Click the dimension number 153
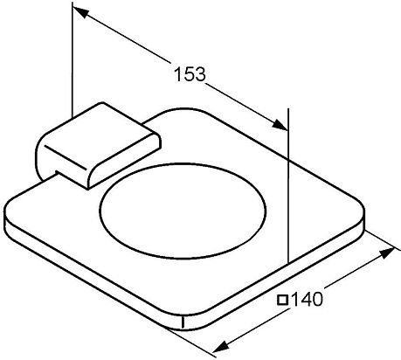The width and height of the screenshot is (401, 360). click(x=190, y=73)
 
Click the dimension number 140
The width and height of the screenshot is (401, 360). click(x=307, y=299)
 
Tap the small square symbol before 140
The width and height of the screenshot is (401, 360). click(x=282, y=300)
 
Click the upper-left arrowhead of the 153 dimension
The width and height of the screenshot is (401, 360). click(x=80, y=11)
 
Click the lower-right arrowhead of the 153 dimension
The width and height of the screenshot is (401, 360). click(x=280, y=125)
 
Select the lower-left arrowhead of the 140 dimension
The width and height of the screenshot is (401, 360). click(x=221, y=347)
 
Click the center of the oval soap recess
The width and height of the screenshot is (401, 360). click(x=183, y=211)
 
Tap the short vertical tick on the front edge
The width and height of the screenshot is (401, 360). click(x=183, y=322)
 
